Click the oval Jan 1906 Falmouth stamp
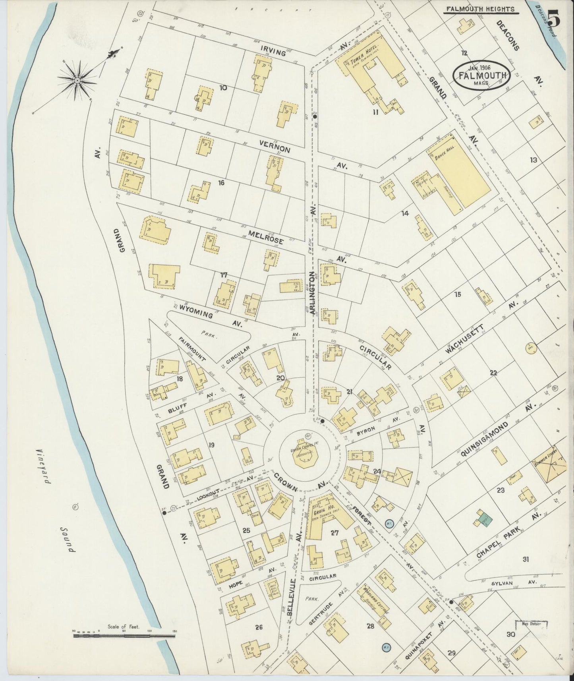(481, 74)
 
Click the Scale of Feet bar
(124, 635)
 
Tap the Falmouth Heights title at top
(479, 9)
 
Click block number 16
(221, 183)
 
